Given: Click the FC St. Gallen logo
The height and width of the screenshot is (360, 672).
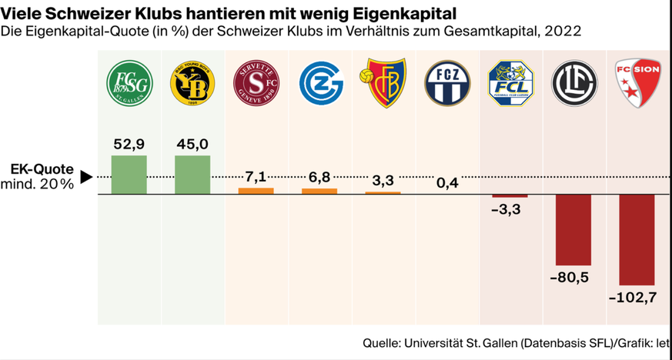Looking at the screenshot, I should [129, 82].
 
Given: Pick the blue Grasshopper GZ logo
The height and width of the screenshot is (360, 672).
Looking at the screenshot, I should [319, 82].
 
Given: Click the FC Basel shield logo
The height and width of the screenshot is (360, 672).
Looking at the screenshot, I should [383, 82].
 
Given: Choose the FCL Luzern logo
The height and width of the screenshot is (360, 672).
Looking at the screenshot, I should [510, 82].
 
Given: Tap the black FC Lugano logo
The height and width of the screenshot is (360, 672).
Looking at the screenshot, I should [573, 82].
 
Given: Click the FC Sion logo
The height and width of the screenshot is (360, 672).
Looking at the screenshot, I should [636, 82].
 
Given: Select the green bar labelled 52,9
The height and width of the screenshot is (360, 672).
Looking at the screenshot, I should [129, 175].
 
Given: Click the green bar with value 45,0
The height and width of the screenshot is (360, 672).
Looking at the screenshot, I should [192, 175].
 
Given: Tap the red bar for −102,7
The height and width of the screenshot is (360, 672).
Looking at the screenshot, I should [637, 239].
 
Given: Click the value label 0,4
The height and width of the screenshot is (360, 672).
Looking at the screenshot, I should [446, 182].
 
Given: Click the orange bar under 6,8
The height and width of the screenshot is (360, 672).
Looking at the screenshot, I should [319, 191].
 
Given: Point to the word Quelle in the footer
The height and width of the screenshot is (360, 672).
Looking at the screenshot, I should [382, 342].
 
